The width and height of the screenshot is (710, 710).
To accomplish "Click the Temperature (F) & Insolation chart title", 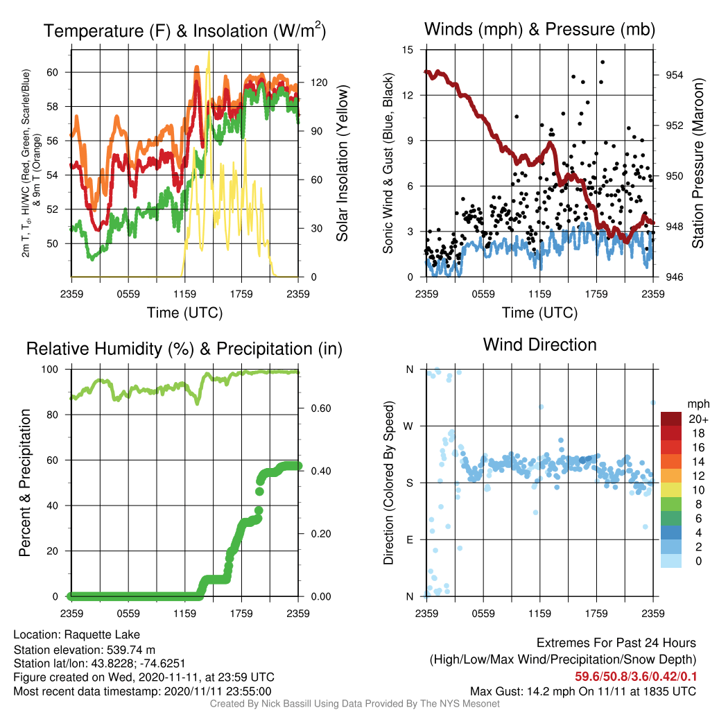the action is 184,31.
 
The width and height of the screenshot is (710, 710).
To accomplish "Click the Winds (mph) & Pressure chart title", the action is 539,29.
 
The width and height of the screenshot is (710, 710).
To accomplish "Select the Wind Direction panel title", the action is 539,345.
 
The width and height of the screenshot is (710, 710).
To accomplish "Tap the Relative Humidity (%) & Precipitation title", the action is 184,349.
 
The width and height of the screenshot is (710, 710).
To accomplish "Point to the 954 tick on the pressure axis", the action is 674,75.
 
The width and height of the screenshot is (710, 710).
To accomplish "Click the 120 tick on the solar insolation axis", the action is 319,83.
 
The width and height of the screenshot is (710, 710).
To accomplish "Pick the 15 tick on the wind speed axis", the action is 408,50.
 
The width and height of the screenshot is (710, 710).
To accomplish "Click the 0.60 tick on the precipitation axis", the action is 321,408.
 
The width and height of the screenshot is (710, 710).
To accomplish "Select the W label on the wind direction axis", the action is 408,426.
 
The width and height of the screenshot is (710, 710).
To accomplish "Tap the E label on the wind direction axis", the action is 409,539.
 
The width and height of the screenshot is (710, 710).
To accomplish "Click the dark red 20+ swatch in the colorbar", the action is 671,419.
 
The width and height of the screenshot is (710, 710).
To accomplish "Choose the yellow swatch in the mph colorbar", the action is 671,490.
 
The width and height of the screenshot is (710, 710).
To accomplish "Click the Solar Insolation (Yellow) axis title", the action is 343,163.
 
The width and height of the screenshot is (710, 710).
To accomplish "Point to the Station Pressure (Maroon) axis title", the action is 698,163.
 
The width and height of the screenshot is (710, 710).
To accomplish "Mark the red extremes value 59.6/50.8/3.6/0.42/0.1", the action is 636,677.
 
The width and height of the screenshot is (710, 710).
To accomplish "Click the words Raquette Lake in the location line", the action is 102,634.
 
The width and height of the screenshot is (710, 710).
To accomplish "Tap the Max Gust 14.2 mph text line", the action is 582,691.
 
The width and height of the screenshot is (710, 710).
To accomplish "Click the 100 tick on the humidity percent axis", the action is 50,370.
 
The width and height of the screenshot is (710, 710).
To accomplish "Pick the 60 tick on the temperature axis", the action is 53,72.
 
